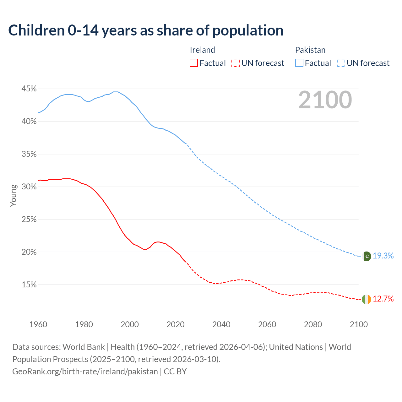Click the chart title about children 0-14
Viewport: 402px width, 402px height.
[146, 30]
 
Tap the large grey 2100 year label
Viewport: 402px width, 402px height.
[325, 100]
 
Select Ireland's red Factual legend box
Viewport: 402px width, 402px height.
[194, 63]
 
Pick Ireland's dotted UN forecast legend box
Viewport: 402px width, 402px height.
[236, 63]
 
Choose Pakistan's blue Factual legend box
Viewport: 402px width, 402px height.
[299, 63]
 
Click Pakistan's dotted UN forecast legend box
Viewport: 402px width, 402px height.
[341, 63]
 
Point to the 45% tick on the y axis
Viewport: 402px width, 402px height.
[29, 89]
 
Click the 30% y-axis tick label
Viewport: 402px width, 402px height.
[29, 187]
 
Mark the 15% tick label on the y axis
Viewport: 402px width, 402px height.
[29, 285]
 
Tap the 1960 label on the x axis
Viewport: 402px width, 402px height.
[38, 324]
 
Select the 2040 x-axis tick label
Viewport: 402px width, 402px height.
[221, 324]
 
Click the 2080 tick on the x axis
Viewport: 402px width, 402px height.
[313, 324]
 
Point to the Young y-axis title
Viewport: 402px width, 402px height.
[14, 195]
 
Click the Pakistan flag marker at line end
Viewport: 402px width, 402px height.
[367, 256]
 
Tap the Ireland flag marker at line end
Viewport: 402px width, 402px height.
[367, 299]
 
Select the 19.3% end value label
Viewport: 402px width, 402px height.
[383, 256]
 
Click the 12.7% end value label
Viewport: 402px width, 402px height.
[383, 299]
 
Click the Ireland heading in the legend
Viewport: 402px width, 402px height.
[203, 50]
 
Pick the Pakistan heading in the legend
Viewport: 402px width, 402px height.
[310, 50]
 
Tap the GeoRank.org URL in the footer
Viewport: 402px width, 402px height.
[85, 372]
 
